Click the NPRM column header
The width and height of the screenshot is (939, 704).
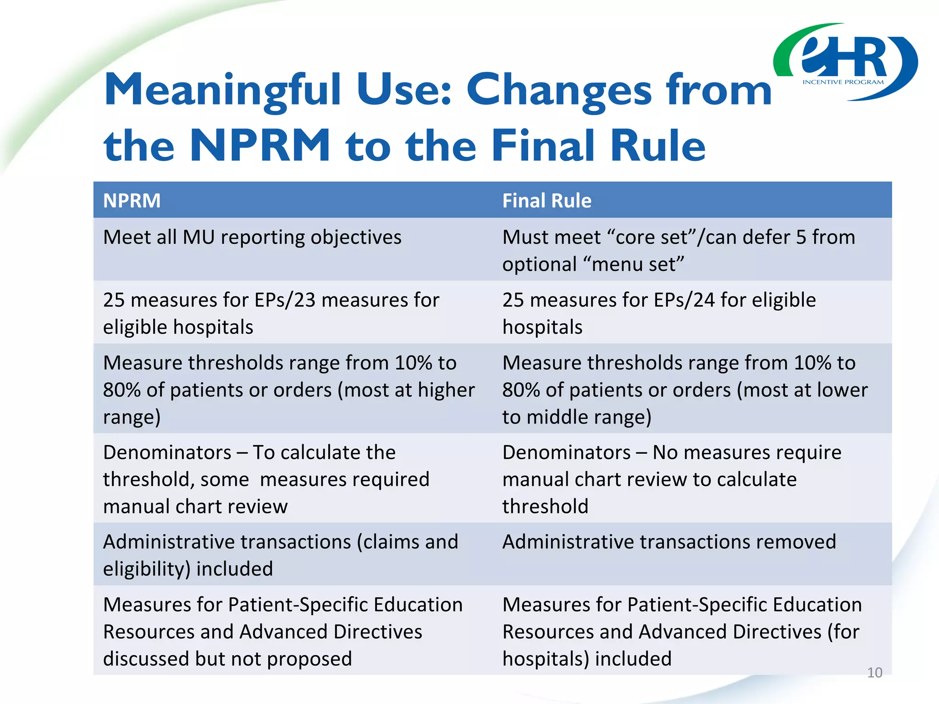(132, 201)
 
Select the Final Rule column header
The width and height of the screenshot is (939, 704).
(547, 201)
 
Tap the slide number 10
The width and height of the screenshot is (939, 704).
(874, 672)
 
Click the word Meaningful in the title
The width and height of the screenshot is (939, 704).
(222, 90)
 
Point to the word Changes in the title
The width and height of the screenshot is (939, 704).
(559, 90)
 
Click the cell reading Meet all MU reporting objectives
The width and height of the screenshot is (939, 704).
(252, 237)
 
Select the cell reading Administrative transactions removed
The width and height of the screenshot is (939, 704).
(669, 542)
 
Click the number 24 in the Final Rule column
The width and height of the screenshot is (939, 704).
(704, 300)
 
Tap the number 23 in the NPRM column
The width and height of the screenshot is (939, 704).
(305, 300)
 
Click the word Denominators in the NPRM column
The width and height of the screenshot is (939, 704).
(167, 452)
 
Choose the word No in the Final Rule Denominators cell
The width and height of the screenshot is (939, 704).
(665, 452)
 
